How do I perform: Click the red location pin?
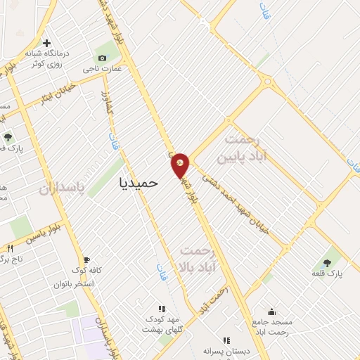point(180,165)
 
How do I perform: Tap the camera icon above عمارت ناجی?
point(103,57)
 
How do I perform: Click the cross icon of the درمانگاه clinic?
point(46,42)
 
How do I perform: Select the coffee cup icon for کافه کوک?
point(86,259)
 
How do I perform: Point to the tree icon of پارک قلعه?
point(328,263)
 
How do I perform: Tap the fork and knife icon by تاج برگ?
point(10,248)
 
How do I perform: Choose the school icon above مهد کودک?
point(162,308)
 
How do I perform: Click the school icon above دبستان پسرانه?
point(226,340)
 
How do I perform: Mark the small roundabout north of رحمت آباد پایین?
point(266,82)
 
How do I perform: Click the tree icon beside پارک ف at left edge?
point(8,137)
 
